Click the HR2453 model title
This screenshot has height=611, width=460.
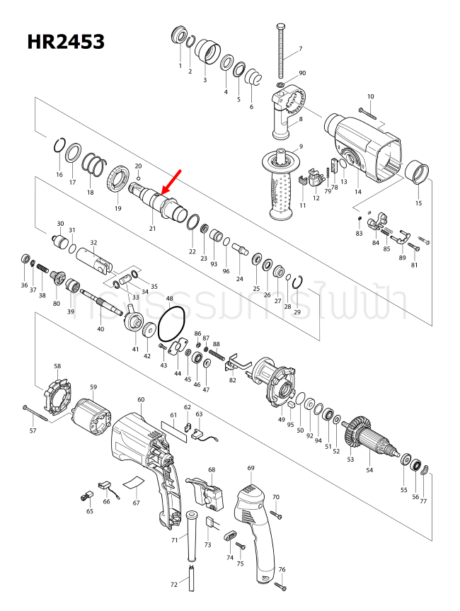66,42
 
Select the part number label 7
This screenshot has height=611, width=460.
299,49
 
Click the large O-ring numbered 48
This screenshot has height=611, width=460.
171,325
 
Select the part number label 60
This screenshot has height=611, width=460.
141,400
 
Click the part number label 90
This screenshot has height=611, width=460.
302,74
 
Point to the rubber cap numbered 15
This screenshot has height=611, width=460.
418,172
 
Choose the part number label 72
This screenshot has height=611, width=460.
174,585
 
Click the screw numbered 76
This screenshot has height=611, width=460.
280,586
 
